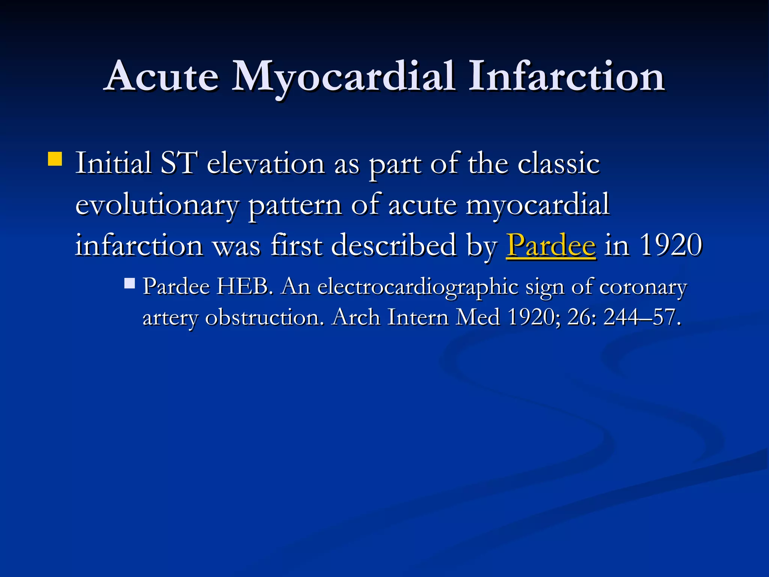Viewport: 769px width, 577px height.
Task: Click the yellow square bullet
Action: pyautogui.click(x=55, y=159)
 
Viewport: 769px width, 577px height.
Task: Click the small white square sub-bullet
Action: pyautogui.click(x=130, y=283)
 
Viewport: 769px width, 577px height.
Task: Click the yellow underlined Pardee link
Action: pyautogui.click(x=551, y=245)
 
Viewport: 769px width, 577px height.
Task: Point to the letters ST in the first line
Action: pyautogui.click(x=178, y=163)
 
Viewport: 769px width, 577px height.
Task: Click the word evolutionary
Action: pyautogui.click(x=157, y=206)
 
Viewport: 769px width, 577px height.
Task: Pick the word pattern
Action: pyautogui.click(x=295, y=206)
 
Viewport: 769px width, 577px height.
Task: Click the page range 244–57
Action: pyautogui.click(x=642, y=317)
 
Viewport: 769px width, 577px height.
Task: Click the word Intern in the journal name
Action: pyautogui.click(x=418, y=317)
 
